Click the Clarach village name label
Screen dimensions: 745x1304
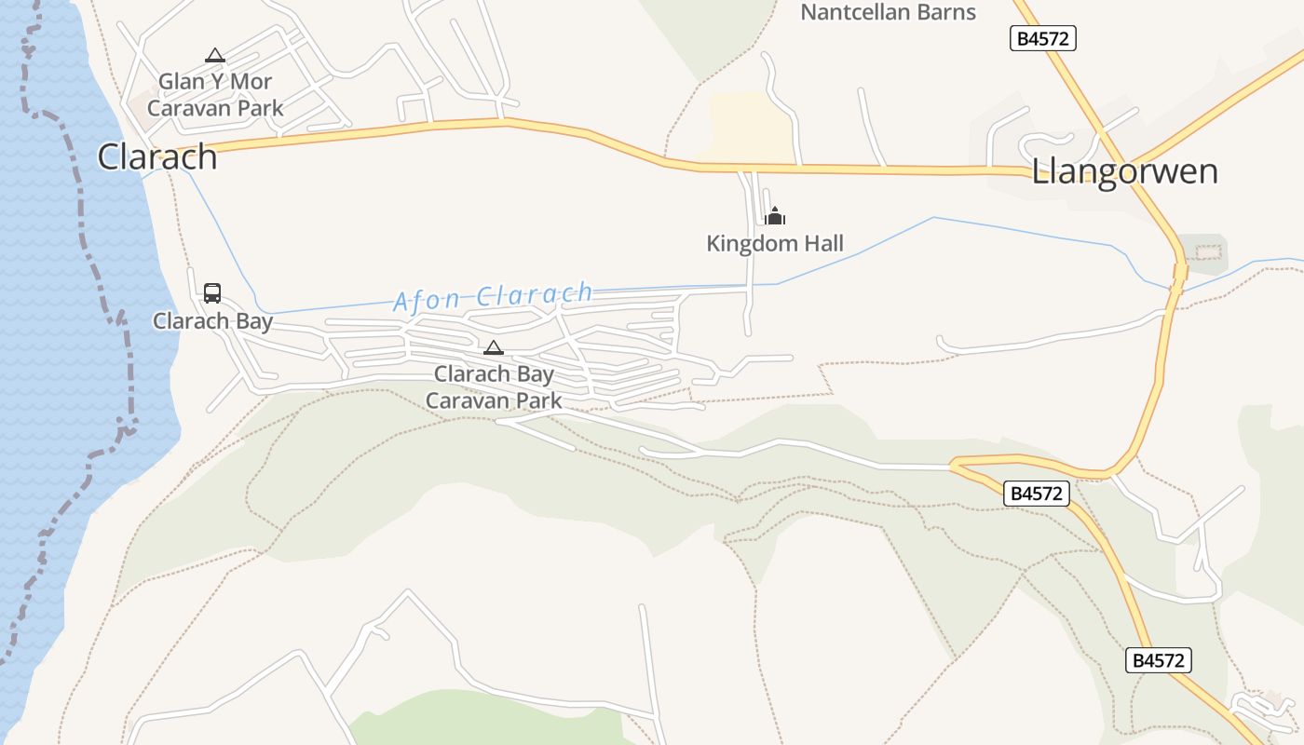click(157, 156)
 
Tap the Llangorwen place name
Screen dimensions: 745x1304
click(1124, 172)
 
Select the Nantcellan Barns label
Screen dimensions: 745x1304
click(888, 12)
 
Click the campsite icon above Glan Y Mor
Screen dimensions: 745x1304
click(215, 56)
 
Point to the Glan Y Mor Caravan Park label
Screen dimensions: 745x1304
click(215, 94)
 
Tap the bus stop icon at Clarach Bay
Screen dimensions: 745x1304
click(212, 293)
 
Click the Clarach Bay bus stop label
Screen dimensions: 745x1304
click(212, 321)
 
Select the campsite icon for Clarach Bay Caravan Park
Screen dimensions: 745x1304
click(494, 348)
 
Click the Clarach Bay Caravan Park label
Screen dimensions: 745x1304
click(494, 387)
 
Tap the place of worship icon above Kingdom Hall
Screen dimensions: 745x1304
click(775, 217)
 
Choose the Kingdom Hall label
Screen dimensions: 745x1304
click(775, 244)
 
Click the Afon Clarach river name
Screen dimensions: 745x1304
click(493, 297)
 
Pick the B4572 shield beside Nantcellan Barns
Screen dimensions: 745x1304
click(1043, 38)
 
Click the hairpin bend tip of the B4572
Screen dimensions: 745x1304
click(953, 463)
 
